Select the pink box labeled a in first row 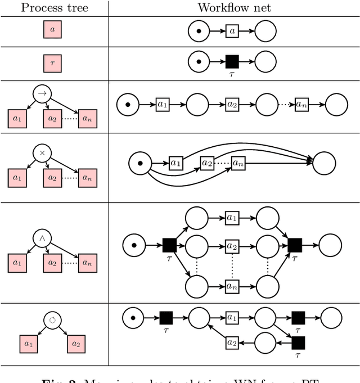coord(52,30)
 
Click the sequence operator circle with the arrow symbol coord(43,93)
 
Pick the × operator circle coord(43,152)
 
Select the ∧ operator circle coord(43,238)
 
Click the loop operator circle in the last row coord(52,321)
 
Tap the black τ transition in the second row coord(232,61)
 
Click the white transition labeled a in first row coord(232,31)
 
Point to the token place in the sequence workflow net coord(128,105)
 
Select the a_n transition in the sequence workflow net coord(302,105)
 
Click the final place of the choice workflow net coord(323,163)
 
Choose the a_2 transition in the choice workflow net coord(208,163)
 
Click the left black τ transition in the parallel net coord(169,245)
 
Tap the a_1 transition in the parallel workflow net coord(232,217)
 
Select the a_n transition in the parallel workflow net coord(232,285)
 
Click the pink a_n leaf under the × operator coord(87,177)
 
